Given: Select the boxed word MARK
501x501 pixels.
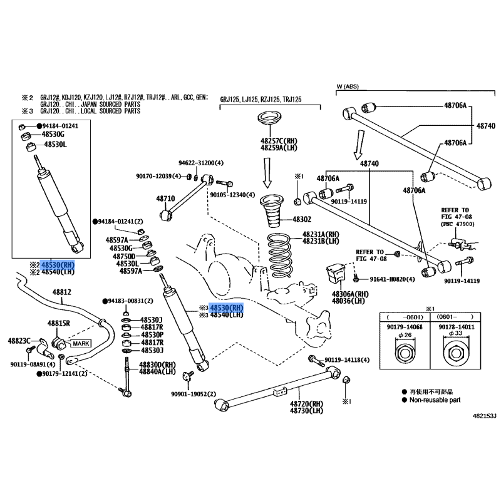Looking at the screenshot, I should [81, 344].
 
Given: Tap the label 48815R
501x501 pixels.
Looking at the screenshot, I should [60, 323].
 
